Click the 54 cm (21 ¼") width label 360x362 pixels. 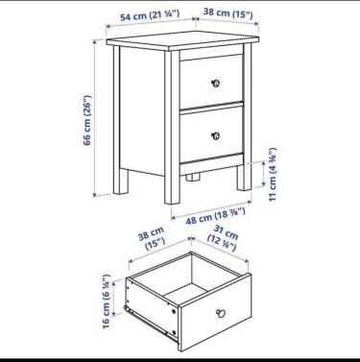150,15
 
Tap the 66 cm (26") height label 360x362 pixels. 87,120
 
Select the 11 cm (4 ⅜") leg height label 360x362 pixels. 273,175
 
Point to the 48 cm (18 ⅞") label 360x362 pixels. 216,216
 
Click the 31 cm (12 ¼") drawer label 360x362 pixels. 223,238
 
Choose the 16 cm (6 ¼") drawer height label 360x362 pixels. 107,301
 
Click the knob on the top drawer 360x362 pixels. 216,84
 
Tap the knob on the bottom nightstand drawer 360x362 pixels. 216,135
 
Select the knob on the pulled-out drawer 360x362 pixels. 221,313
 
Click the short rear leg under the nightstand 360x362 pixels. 193,177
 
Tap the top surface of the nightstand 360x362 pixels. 182,39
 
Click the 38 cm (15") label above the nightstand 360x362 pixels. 228,13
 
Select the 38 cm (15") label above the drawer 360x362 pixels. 152,238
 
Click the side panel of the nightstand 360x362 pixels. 142,110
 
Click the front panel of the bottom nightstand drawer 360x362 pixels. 211,134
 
